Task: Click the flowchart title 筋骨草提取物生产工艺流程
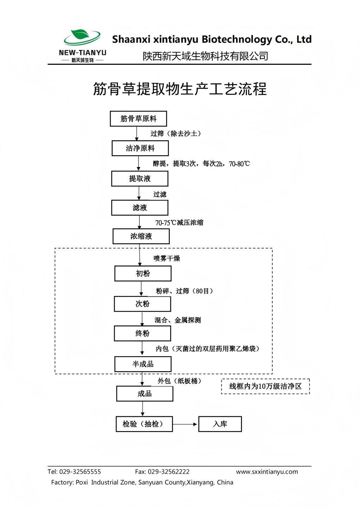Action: [180, 89]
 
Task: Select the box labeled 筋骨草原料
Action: [138, 119]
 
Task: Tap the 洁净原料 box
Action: [140, 148]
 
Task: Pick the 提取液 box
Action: [139, 179]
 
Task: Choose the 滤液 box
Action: [139, 208]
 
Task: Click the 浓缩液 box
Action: [141, 236]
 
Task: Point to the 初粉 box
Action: [143, 274]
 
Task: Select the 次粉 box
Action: [142, 304]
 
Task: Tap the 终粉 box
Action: [142, 333]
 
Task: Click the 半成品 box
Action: [143, 364]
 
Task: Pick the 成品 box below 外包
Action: [144, 394]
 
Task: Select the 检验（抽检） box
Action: [144, 424]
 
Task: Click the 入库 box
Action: [220, 424]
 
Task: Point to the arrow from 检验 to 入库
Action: [185, 424]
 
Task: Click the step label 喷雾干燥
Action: [167, 258]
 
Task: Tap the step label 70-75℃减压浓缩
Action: [179, 223]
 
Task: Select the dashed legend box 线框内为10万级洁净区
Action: [265, 386]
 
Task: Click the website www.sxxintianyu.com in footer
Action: [267, 472]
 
